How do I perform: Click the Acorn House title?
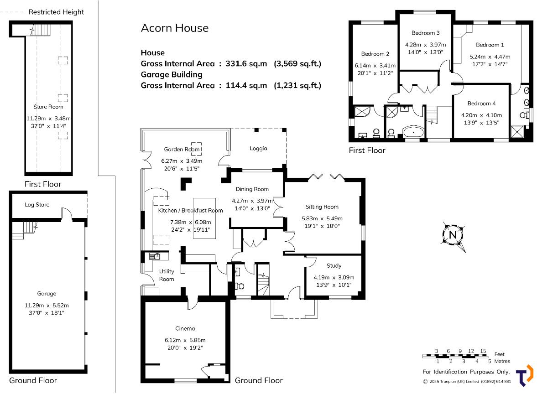(174, 28)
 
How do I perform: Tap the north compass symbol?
(454, 235)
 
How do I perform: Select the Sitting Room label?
(323, 207)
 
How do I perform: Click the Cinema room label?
(185, 328)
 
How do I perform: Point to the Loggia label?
(258, 148)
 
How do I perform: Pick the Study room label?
(334, 265)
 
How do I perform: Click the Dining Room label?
(252, 189)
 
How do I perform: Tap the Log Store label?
(37, 205)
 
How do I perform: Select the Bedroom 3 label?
(425, 33)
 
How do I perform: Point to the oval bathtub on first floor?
(414, 133)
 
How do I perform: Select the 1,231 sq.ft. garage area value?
(297, 85)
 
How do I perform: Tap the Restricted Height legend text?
(56, 12)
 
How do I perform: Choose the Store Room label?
(48, 107)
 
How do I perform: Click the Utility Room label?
(167, 275)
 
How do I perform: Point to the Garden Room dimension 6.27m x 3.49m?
(182, 161)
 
